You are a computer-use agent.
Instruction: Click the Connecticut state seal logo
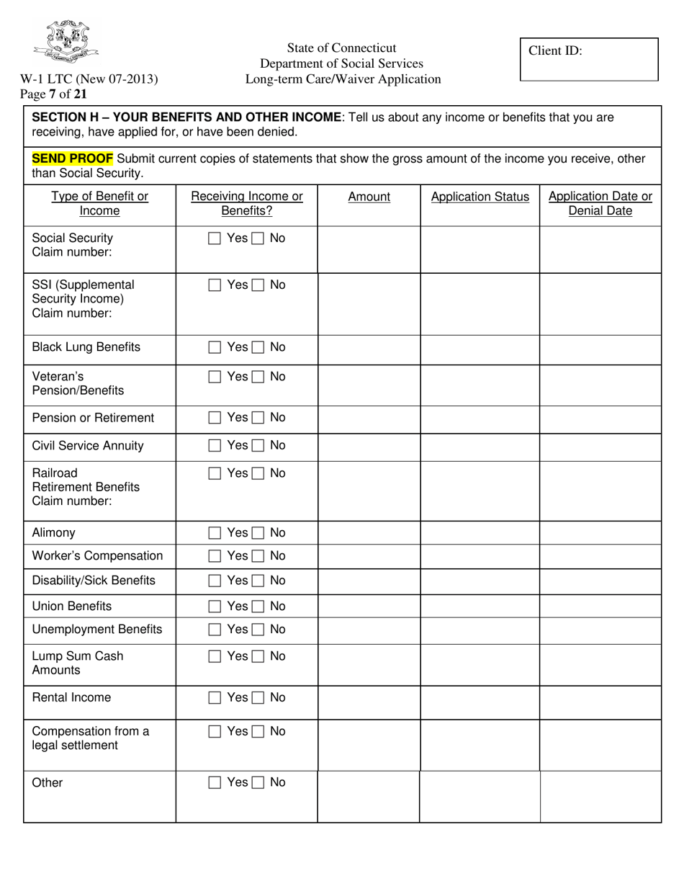[66, 42]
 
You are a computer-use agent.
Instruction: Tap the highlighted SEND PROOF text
[72, 158]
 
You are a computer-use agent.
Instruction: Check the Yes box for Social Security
[215, 238]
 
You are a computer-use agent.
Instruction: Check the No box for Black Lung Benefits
[258, 348]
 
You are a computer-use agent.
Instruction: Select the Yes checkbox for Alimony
[215, 533]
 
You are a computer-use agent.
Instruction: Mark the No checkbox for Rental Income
[258, 698]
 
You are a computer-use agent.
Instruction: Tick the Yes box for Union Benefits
[215, 607]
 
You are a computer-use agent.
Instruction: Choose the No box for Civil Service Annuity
[258, 446]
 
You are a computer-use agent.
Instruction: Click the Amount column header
[369, 197]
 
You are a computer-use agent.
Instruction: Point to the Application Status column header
[480, 197]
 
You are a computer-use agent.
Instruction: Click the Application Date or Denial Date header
[600, 204]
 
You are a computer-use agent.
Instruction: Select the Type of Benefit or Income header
[99, 204]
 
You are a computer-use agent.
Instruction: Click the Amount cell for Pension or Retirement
[369, 419]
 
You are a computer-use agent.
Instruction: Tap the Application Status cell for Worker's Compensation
[480, 556]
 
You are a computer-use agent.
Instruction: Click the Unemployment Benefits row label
[97, 630]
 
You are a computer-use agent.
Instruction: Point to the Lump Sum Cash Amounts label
[78, 663]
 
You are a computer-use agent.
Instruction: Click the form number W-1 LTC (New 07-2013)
[89, 79]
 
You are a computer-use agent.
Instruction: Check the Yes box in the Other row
[215, 783]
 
